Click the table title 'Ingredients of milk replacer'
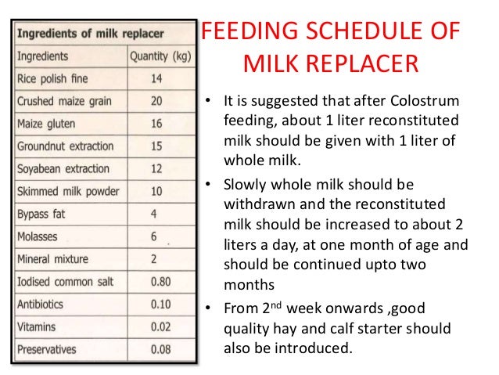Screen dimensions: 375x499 click(x=93, y=35)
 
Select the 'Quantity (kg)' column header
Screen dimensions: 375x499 click(x=159, y=56)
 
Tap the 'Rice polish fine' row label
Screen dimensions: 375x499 click(x=53, y=79)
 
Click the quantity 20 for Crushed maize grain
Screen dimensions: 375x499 click(x=157, y=102)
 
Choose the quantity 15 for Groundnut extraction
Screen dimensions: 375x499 click(x=157, y=146)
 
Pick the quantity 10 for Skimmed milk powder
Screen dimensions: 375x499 click(x=157, y=192)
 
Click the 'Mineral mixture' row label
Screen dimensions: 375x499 click(x=53, y=259)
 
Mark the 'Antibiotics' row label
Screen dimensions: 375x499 click(x=44, y=304)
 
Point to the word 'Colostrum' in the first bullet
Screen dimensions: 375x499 click(x=429, y=104)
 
